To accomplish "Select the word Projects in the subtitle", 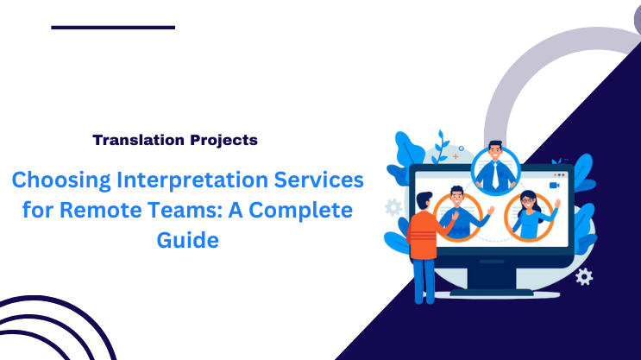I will [220, 139].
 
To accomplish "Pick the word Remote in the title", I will [99, 212].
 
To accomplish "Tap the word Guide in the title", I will [187, 241].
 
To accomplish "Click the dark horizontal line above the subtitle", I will [113, 28].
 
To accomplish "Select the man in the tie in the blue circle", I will [495, 166].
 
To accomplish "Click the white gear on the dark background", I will [584, 275].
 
